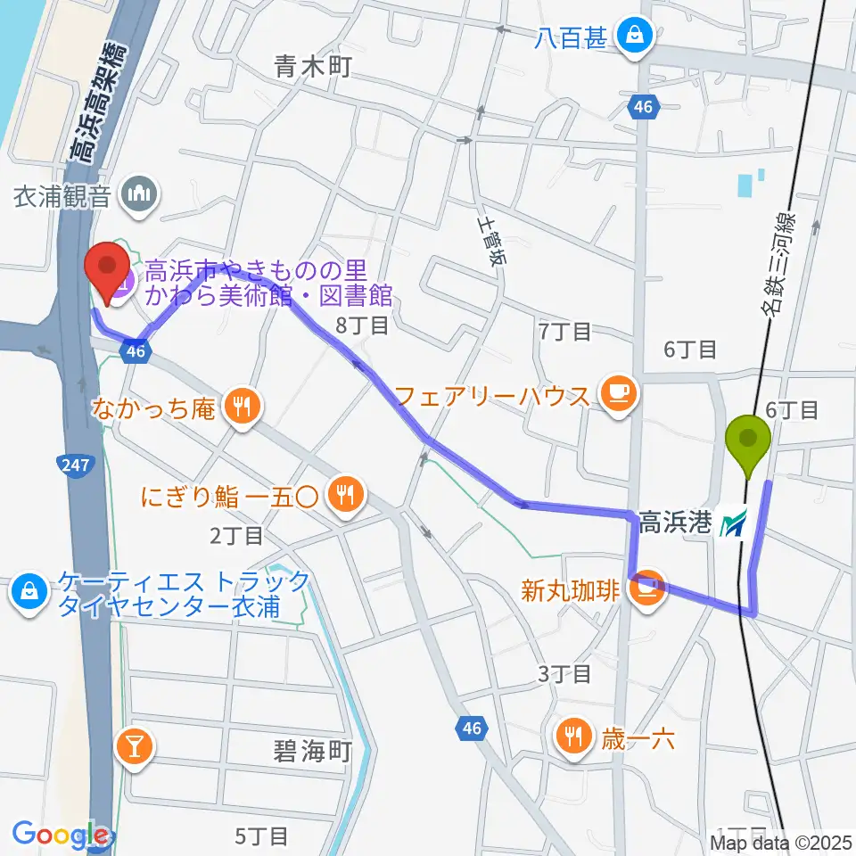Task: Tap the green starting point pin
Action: click(750, 440)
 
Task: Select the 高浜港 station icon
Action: click(733, 523)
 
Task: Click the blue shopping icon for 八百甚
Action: click(638, 37)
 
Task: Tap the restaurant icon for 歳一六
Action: click(572, 736)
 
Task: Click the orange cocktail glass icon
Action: click(136, 743)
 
